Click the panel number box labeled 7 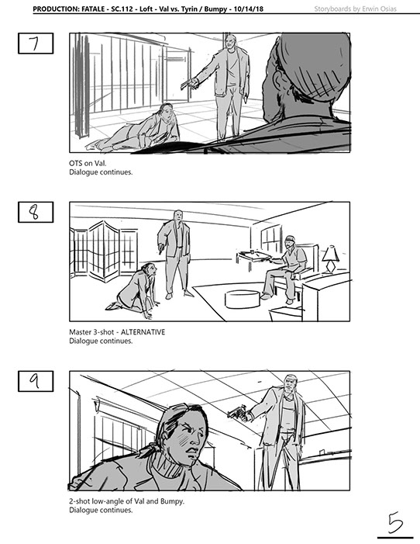[36, 43]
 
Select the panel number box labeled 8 [36, 212]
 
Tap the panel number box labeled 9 [36, 381]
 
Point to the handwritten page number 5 [395, 522]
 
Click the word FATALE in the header [93, 9]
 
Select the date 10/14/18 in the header [249, 9]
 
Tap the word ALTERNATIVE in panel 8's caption [143, 332]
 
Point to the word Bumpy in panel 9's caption [174, 501]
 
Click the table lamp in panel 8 [329, 259]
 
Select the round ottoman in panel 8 [242, 299]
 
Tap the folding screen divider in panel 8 [104, 250]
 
